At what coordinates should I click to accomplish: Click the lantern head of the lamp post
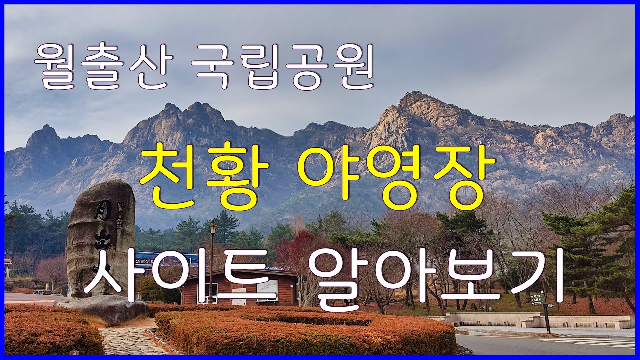tap(213, 228)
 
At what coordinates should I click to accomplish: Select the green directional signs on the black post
tap(536, 299)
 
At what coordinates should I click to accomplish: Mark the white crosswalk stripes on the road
tap(595, 342)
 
